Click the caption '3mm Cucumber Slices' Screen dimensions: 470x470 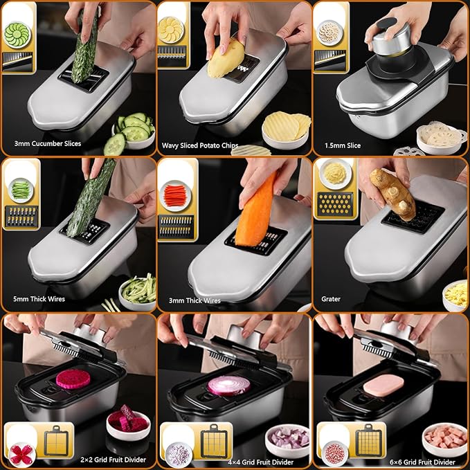pos(48,143)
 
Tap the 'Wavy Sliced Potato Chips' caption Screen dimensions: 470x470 pos(200,145)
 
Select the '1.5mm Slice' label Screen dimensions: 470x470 pos(343,145)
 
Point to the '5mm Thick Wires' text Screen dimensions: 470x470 pos(39,299)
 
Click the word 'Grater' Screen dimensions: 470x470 pos(331,299)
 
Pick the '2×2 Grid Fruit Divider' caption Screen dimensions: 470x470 pos(113,460)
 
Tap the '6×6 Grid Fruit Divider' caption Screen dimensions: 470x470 pos(422,462)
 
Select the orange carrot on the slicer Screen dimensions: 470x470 pos(256,210)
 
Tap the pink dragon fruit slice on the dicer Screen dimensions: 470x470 pos(73,379)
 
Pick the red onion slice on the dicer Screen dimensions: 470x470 pos(229,386)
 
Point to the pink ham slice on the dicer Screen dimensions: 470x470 pos(383,386)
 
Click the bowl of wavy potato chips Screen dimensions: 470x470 pos(287,130)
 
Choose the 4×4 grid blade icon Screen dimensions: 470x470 pos(215,441)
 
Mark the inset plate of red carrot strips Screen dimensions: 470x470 pos(175,196)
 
